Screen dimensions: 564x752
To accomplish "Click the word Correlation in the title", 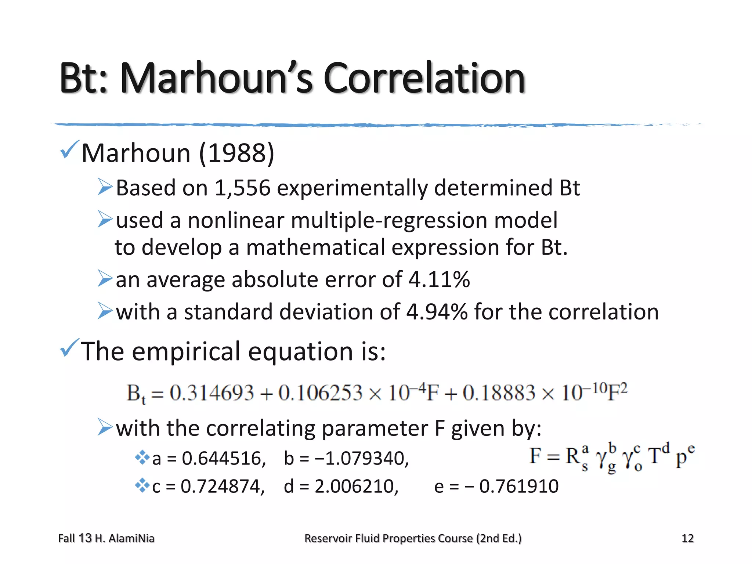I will (x=424, y=78).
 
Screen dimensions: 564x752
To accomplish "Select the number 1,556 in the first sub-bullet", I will (x=242, y=188).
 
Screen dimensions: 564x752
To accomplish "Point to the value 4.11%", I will (x=439, y=279).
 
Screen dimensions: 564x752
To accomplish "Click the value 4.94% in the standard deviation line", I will (x=437, y=312).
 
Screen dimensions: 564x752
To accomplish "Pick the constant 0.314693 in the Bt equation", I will (x=211, y=393).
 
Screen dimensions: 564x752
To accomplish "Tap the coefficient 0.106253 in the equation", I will (x=320, y=393).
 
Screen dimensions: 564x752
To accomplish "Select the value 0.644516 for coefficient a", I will (x=224, y=459).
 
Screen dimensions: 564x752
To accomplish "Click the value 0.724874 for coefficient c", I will (x=223, y=487).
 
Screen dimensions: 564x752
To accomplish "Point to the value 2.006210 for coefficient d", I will (x=356, y=487).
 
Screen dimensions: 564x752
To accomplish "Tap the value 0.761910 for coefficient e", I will (x=519, y=487).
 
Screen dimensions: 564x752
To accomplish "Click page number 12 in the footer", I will (x=687, y=538).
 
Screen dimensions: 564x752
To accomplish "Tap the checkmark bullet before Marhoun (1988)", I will (x=69, y=150).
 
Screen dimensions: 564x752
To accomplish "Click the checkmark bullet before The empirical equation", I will (x=69, y=348).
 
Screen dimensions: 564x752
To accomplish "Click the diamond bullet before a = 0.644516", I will (x=142, y=458).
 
